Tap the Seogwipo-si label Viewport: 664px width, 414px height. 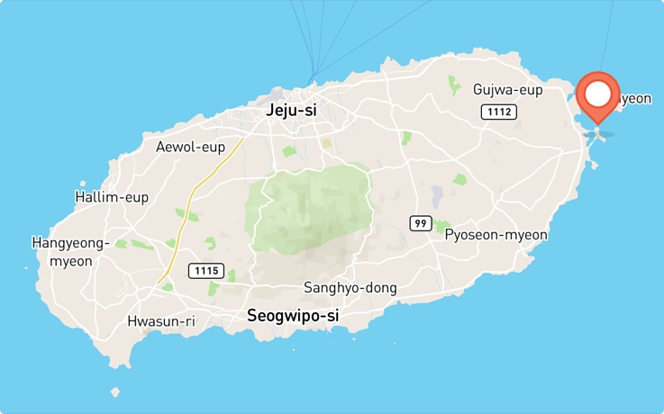(x=293, y=316)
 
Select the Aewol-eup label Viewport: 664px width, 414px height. (x=190, y=147)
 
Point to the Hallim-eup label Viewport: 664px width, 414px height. (x=112, y=197)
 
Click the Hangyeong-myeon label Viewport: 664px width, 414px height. (x=70, y=252)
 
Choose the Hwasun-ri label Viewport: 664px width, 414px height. (x=161, y=321)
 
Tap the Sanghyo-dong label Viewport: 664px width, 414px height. (x=350, y=288)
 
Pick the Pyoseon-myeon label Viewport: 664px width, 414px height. (x=496, y=235)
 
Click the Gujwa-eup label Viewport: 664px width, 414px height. (x=508, y=89)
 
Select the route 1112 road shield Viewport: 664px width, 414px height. (x=498, y=112)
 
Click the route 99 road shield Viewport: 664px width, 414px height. (x=420, y=223)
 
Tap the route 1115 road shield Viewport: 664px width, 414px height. (x=206, y=270)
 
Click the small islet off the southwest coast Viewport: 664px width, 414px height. (x=114, y=392)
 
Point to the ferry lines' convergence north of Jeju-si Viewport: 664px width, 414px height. (x=313, y=77)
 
